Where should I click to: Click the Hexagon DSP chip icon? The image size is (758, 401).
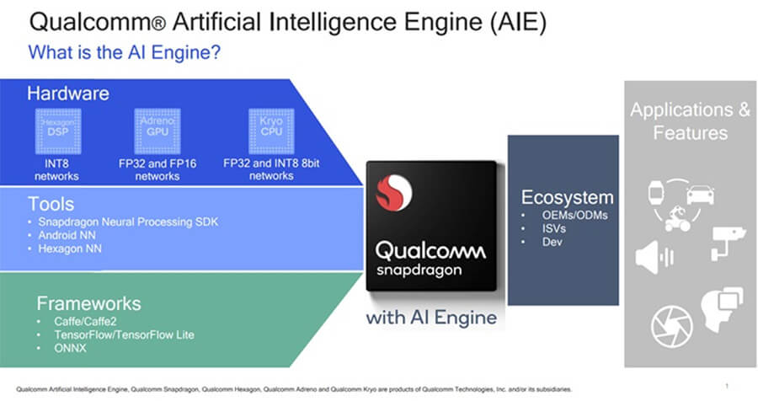click(x=57, y=128)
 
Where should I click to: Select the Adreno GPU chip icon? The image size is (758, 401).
click(x=153, y=128)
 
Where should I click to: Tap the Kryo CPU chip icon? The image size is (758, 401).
click(x=270, y=128)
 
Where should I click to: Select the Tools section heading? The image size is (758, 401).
click(x=51, y=204)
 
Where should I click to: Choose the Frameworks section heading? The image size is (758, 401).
click(x=88, y=303)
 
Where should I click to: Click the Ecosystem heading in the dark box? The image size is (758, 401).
click(x=567, y=197)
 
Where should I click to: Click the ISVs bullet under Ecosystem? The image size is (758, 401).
click(x=553, y=228)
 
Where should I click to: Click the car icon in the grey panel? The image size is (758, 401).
click(x=701, y=194)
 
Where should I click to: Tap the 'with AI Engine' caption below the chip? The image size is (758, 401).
click(x=431, y=319)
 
